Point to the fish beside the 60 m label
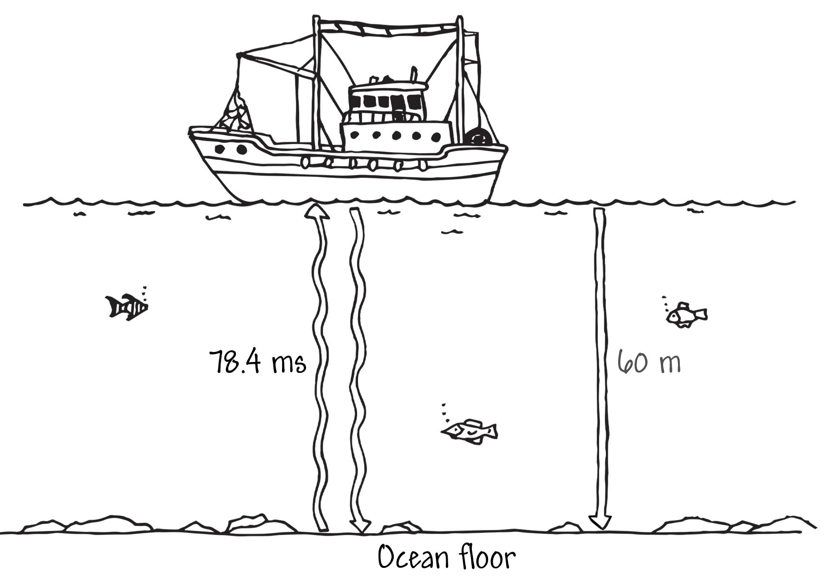687,315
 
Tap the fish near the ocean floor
469,431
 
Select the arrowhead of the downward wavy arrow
359,526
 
